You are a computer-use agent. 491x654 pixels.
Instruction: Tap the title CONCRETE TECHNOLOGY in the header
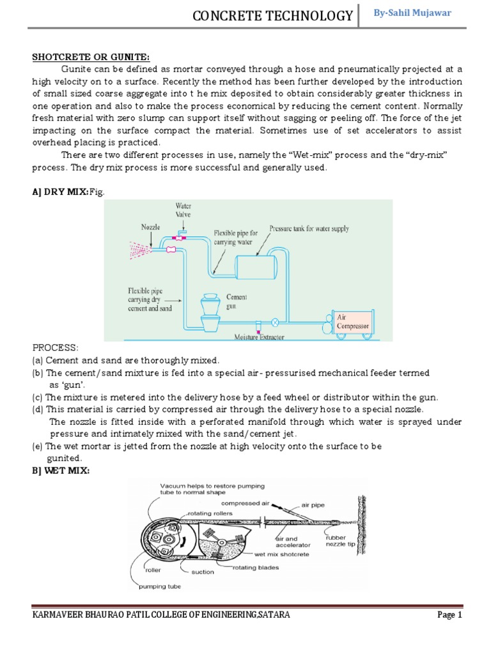(x=273, y=16)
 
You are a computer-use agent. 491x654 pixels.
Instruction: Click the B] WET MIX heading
(x=61, y=470)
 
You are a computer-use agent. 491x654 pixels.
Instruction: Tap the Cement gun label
(x=236, y=301)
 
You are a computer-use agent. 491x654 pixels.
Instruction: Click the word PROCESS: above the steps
(x=56, y=348)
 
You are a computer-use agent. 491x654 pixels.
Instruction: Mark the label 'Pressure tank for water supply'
(x=309, y=228)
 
